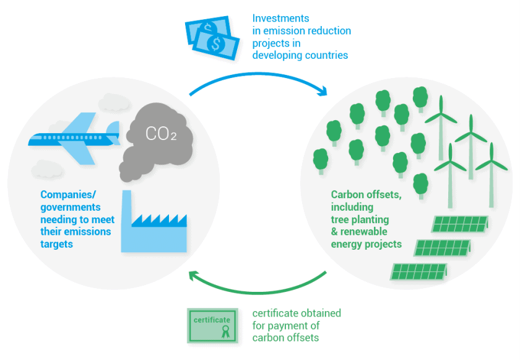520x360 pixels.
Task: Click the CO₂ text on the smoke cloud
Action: point(161,133)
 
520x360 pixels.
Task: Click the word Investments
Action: point(280,19)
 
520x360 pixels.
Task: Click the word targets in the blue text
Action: point(56,244)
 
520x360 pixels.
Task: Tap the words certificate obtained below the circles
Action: point(297,314)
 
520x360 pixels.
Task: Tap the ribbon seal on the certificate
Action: point(225,329)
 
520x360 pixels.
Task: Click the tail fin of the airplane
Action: point(113,129)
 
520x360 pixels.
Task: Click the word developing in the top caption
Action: point(277,56)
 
